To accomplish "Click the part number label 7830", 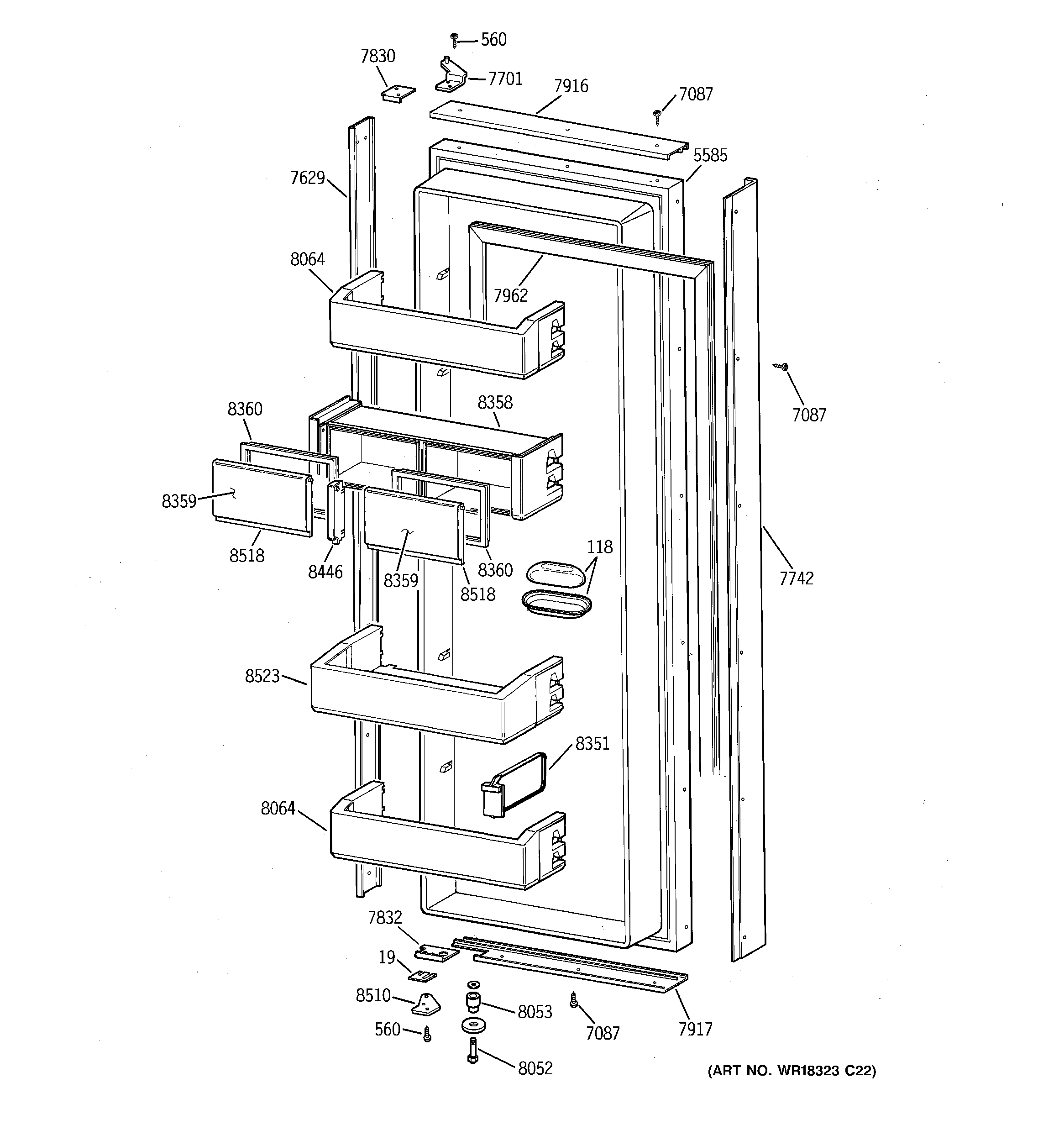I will coord(377,56).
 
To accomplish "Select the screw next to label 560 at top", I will coord(454,39).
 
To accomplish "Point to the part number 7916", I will coord(571,86).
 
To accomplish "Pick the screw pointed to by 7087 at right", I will coord(783,367).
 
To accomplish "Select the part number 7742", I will coord(797,578).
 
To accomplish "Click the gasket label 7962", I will coord(510,295).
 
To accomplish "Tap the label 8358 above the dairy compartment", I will coord(494,402).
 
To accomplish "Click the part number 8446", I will coord(325,572).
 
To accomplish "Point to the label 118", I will coord(600,547).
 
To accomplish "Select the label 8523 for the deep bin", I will coord(262,676).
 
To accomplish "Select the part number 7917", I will coord(695,1029).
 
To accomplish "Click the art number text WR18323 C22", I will coord(792,1072).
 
